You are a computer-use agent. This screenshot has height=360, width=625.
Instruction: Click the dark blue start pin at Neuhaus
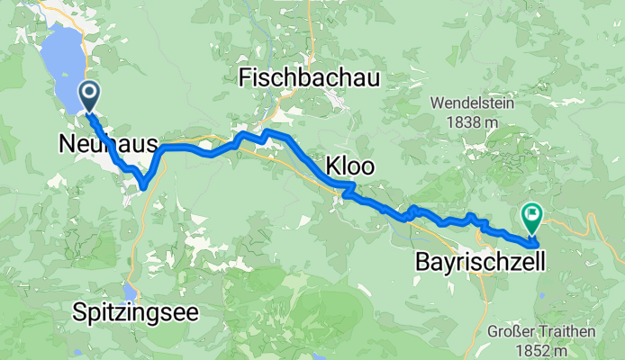90,94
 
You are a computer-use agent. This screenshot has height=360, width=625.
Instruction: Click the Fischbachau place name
309,79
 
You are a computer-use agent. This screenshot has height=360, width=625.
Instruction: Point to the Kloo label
349,167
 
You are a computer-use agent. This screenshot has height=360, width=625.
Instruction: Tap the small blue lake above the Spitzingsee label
131,292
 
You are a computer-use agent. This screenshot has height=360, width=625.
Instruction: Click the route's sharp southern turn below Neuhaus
144,187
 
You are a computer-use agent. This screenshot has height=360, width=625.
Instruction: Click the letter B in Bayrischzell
421,263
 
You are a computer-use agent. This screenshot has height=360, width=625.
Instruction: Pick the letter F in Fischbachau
244,79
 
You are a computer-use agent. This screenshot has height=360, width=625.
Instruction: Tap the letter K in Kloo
329,167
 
